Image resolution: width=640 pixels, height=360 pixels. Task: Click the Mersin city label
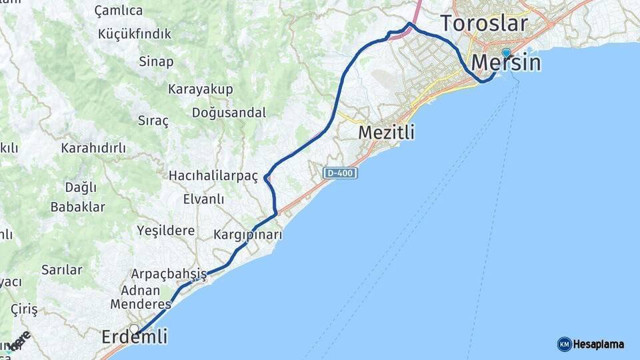[506, 63]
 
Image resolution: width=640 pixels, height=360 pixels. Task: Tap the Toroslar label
[485, 23]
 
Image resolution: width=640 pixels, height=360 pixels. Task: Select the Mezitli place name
[386, 133]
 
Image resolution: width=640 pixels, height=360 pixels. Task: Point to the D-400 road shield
[341, 173]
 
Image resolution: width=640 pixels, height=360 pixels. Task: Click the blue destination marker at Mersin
[506, 53]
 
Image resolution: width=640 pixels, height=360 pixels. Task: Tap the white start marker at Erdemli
[134, 328]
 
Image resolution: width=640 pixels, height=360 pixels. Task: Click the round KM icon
[564, 345]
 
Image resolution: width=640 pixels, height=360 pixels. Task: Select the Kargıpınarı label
[248, 235]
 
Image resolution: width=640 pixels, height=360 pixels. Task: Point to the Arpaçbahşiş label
[169, 274]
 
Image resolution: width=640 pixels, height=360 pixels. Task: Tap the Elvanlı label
[203, 199]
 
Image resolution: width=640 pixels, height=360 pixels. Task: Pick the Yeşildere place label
[165, 231]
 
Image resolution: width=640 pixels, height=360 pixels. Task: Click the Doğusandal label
[229, 113]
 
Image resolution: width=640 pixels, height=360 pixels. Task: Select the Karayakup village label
[200, 89]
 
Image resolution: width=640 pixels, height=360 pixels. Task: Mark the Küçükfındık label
[135, 34]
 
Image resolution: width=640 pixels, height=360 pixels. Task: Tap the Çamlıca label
[119, 11]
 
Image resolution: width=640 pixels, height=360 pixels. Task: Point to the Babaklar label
[77, 207]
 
